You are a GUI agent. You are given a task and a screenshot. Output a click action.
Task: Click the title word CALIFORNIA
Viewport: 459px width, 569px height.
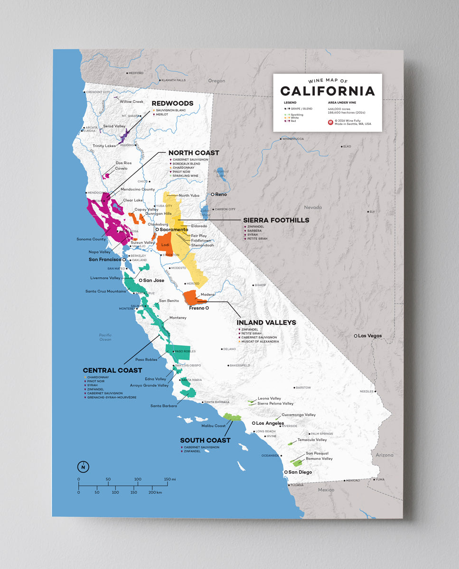pos(327,91)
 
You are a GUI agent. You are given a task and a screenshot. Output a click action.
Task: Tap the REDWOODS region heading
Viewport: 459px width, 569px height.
pos(172,103)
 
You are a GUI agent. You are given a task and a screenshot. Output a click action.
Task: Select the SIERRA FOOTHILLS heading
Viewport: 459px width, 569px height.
pos(276,220)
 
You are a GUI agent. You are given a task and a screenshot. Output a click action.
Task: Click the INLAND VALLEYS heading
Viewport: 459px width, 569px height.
pos(266,322)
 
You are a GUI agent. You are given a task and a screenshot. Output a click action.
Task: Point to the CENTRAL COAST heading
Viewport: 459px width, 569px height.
pos(112,370)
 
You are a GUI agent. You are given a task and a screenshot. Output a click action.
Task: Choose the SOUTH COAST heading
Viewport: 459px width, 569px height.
pos(205,440)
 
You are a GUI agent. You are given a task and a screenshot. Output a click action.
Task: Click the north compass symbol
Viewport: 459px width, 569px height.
pos(83,467)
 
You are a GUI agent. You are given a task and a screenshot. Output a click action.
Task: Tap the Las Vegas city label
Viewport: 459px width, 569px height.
pos(369,336)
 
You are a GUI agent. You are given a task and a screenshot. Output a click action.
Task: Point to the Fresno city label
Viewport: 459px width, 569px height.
pos(197,308)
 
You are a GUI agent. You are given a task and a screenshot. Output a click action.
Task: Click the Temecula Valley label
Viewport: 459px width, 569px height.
pos(312,440)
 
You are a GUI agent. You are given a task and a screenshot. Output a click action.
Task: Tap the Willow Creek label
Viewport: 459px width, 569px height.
pos(131,101)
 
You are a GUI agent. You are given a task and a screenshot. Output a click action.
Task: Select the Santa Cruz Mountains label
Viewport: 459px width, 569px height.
pos(105,291)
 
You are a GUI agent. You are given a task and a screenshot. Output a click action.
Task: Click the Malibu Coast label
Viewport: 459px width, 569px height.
pos(214,426)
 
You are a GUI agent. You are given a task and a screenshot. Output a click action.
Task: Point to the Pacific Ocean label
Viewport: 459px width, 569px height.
pos(105,337)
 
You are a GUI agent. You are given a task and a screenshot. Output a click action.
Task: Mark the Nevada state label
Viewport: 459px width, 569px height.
pos(313,207)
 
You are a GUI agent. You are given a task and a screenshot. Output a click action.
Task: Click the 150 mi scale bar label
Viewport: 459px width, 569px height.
pos(170,479)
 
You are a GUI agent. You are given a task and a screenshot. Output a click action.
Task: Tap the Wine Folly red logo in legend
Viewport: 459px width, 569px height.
pos(330,122)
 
